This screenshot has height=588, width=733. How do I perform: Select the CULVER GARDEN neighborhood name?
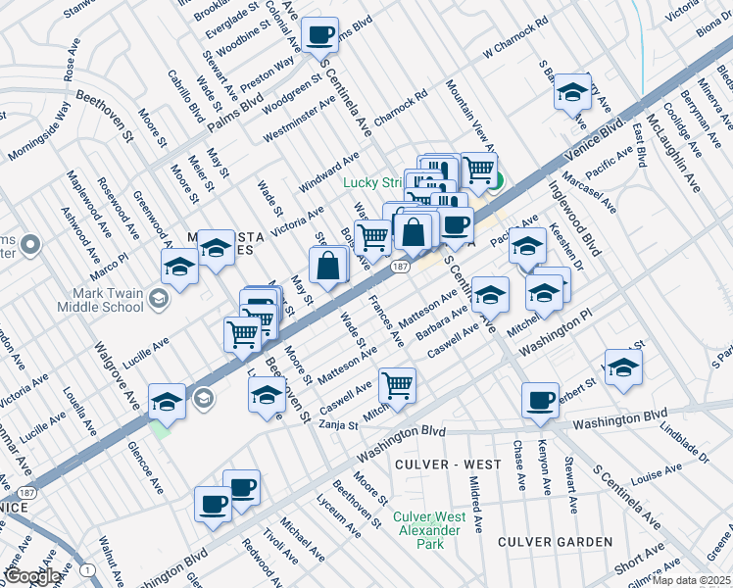pos(555,542)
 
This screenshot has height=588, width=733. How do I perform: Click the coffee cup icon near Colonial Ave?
pos(320,36)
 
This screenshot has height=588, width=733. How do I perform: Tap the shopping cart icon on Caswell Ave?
pos(398,385)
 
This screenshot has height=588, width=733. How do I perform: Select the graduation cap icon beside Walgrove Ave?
pos(168,401)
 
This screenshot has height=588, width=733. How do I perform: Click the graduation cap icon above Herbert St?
pos(622,367)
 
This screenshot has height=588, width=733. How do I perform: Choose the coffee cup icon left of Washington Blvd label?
pos(540,401)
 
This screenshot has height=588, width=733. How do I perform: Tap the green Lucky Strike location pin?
pos(497,180)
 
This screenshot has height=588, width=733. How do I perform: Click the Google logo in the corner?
pos(32,576)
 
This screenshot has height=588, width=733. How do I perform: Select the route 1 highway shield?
pos(88,569)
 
